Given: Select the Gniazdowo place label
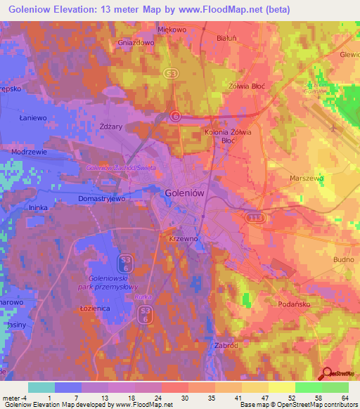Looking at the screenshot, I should click(x=136, y=42).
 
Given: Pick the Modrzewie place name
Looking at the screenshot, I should click(x=29, y=152).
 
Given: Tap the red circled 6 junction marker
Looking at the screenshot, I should click(x=176, y=116).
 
